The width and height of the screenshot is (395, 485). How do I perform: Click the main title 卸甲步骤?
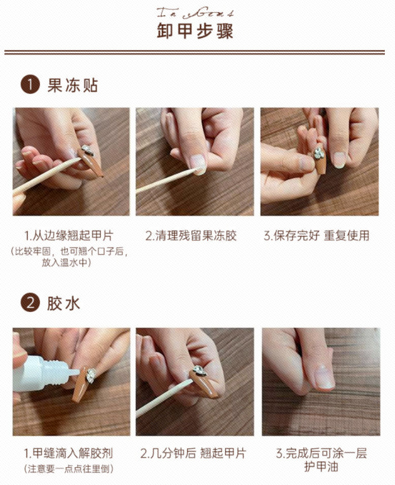pyautogui.click(x=197, y=30)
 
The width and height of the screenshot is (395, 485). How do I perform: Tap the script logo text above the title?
pyautogui.click(x=197, y=10)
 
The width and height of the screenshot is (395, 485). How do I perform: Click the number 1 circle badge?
pyautogui.click(x=30, y=85)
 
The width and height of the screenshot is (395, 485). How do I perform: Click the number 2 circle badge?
pyautogui.click(x=30, y=303)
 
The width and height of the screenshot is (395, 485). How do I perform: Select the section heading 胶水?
pyautogui.click(x=63, y=303)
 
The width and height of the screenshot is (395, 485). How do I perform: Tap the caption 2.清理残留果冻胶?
pyautogui.click(x=195, y=236)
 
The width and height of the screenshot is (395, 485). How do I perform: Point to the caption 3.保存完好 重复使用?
pyautogui.click(x=316, y=236)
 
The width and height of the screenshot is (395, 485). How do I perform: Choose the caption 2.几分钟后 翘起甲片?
pyautogui.click(x=193, y=453)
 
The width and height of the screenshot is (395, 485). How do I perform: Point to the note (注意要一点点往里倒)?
pyautogui.click(x=69, y=469)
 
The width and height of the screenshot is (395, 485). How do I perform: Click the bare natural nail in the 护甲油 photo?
pyautogui.click(x=323, y=378)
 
